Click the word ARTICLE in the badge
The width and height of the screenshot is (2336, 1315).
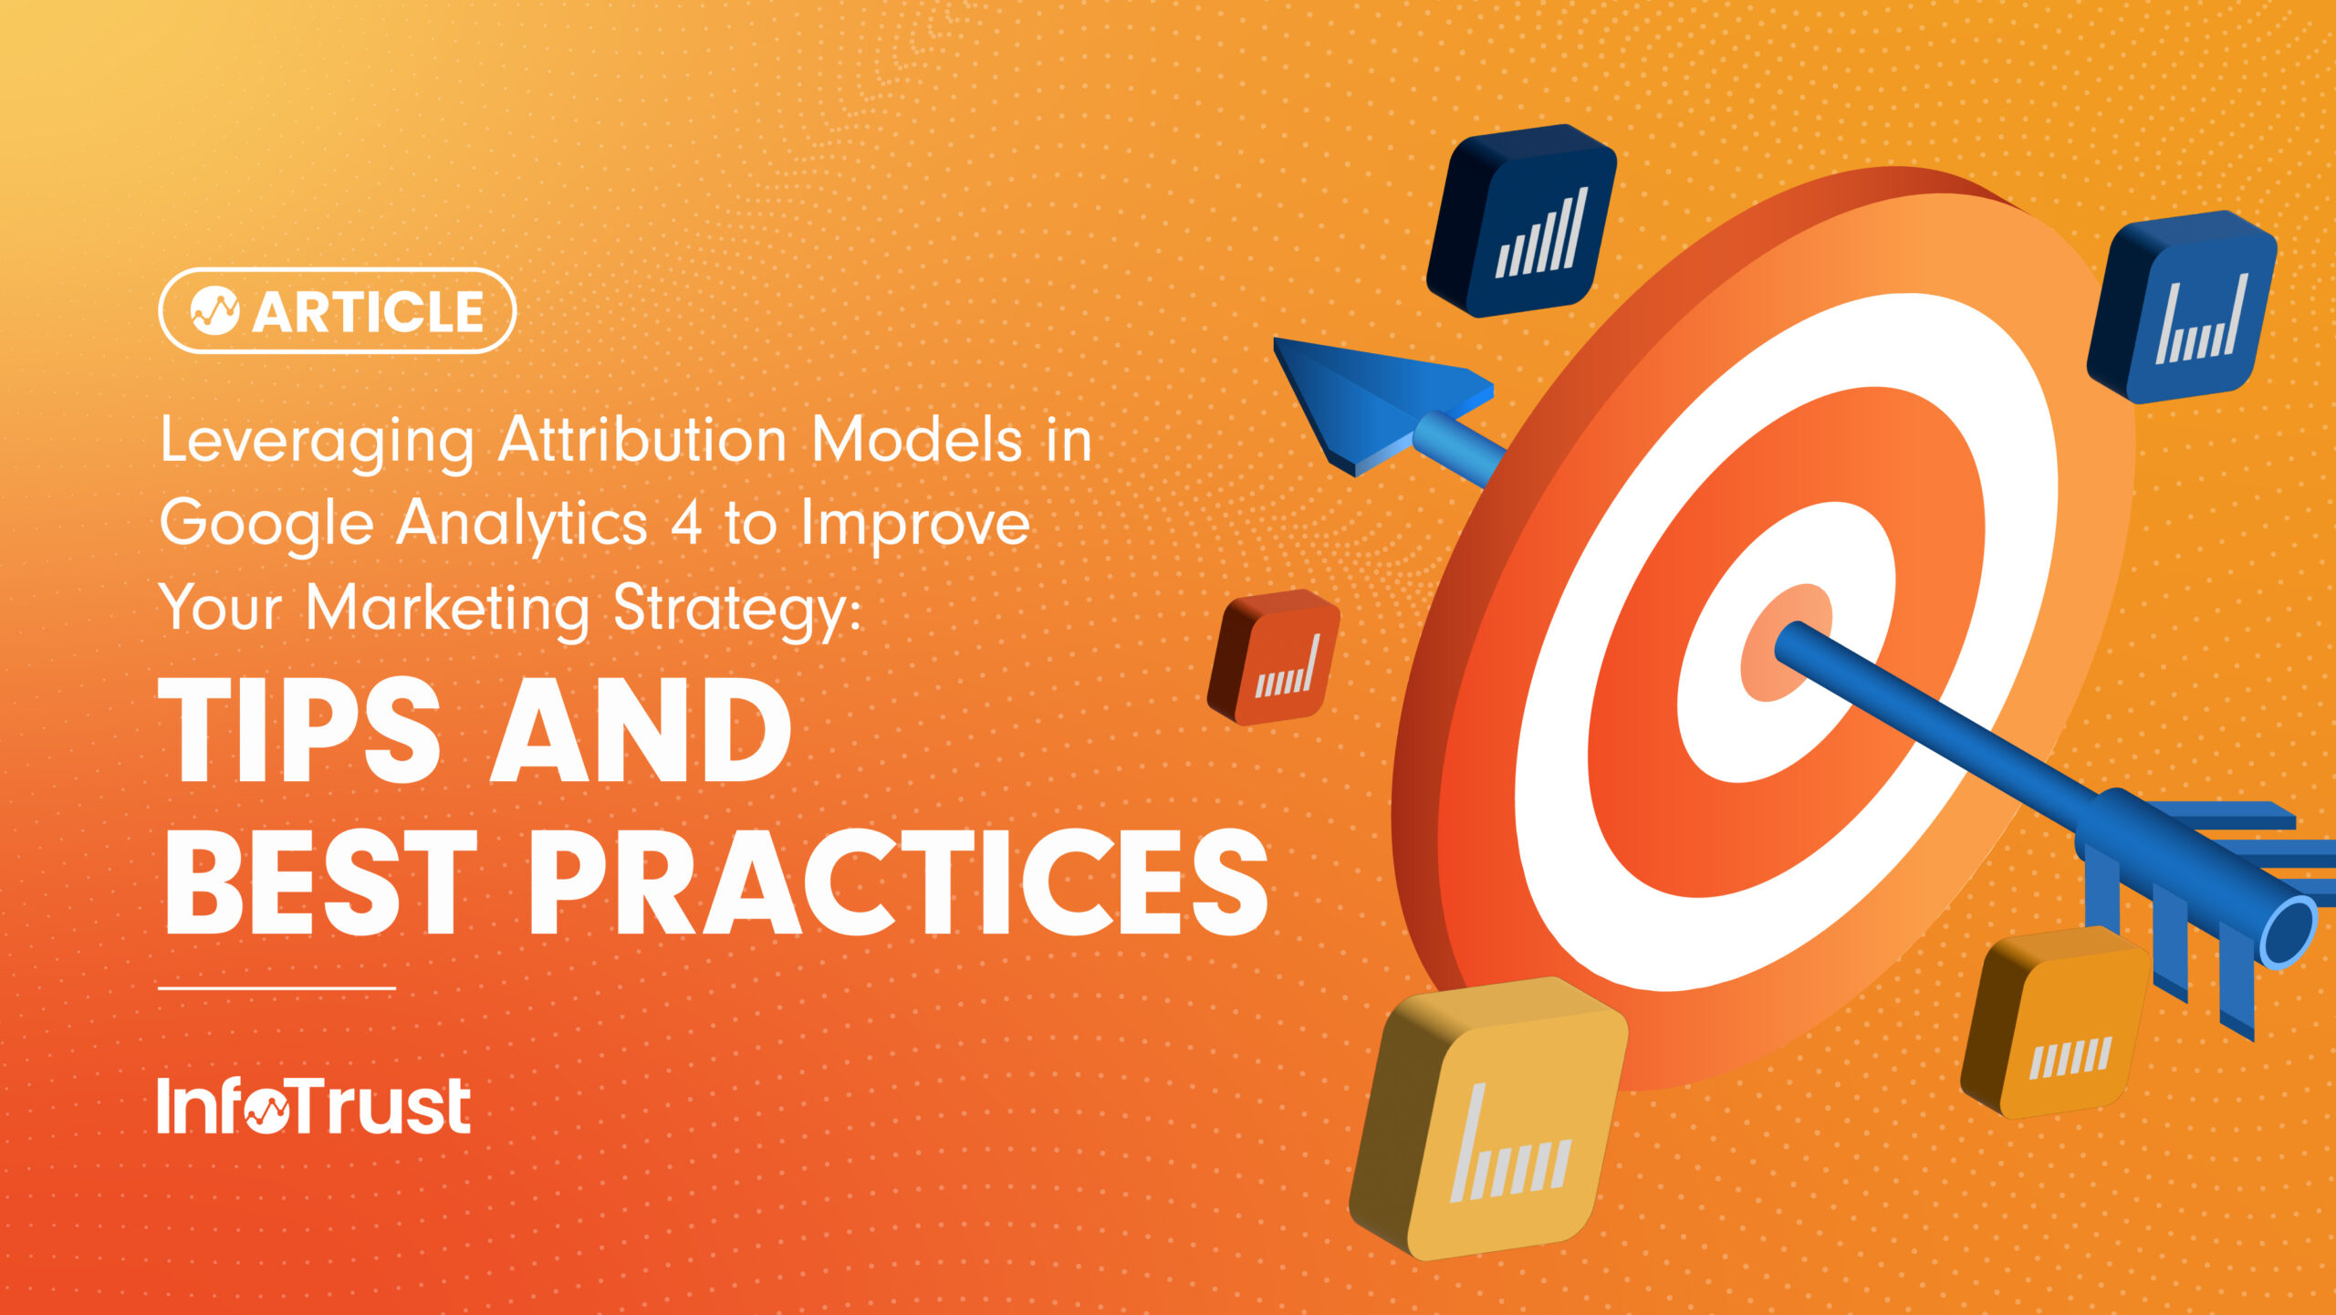(368, 312)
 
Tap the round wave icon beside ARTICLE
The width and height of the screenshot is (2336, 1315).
(214, 311)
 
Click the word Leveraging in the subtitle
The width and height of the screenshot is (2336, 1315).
(317, 442)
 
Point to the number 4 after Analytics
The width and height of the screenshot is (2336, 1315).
(686, 523)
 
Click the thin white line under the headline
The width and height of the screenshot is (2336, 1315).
(276, 987)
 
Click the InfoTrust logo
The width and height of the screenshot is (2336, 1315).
(313, 1105)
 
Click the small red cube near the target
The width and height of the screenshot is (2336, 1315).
(1274, 657)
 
